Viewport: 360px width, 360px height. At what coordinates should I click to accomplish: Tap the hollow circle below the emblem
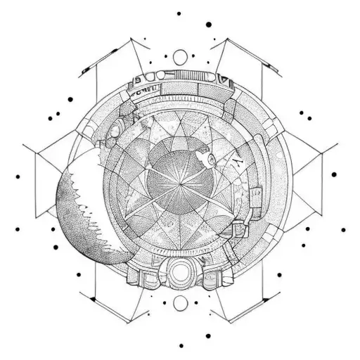pyautogui.click(x=180, y=302)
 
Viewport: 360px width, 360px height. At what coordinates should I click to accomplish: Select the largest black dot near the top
pyautogui.click(x=209, y=25)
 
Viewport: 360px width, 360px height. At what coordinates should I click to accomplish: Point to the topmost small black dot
pyautogui.click(x=179, y=13)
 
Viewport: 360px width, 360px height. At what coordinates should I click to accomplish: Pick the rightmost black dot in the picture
pyautogui.click(x=344, y=229)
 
